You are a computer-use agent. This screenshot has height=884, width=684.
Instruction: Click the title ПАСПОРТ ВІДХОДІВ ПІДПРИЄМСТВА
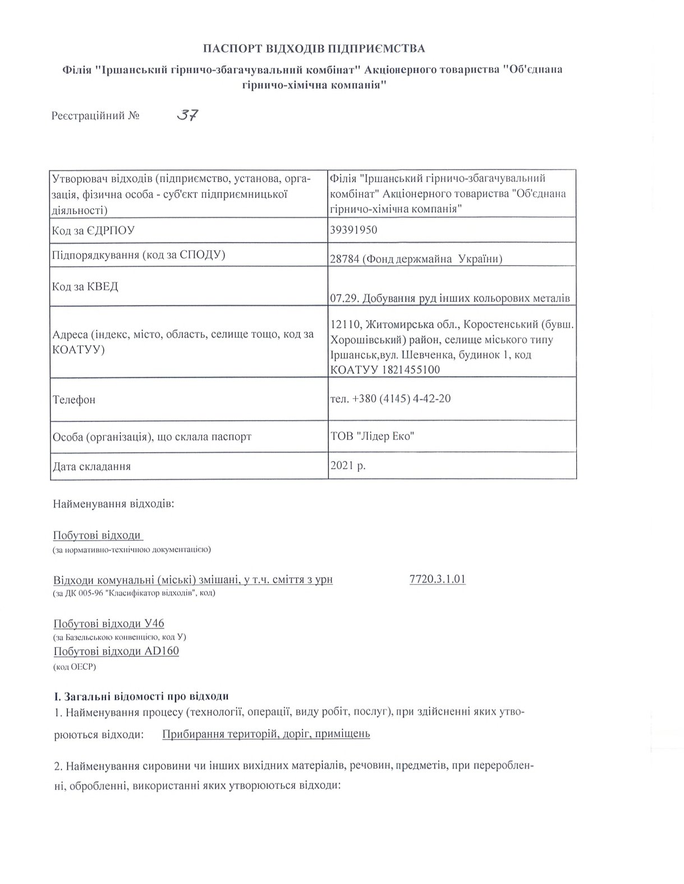point(314,48)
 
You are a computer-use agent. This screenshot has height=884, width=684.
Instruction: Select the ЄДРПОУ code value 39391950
point(354,230)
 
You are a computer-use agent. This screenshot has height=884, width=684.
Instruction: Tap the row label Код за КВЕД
point(85,286)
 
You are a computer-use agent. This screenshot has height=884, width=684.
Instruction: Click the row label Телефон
point(74,400)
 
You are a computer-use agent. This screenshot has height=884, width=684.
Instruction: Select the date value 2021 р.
point(348,465)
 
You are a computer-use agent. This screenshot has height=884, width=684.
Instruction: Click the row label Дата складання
point(92,466)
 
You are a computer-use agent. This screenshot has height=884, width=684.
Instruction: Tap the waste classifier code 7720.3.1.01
point(438,579)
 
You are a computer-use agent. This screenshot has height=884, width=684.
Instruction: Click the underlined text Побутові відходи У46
point(109,624)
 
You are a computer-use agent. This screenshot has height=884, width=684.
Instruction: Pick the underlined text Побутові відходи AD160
point(116,651)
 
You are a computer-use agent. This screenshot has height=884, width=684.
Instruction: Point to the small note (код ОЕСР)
point(75,667)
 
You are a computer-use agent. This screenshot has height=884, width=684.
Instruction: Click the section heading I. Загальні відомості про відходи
point(141,696)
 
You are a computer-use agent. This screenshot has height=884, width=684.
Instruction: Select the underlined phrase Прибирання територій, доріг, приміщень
point(266,733)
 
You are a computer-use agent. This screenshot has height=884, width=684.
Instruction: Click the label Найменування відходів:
point(114,503)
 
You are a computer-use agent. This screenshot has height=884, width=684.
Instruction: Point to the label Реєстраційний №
point(95,116)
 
